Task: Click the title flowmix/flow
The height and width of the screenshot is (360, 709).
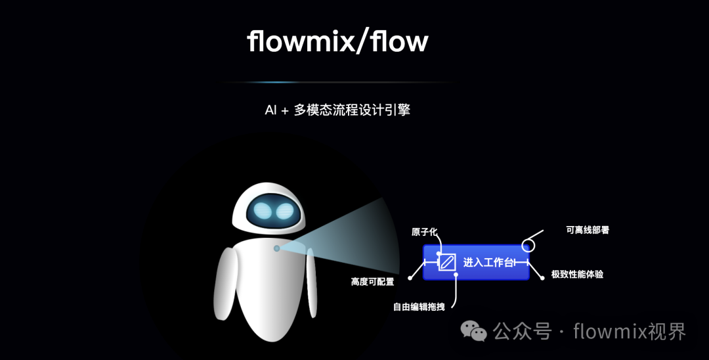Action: coord(337,42)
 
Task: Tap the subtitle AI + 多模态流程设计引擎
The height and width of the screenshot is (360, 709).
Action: coord(337,110)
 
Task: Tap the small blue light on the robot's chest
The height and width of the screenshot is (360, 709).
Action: coord(277,248)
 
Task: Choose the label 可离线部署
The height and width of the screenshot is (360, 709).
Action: coord(588,231)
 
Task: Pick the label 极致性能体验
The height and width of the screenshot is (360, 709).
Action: coord(577,274)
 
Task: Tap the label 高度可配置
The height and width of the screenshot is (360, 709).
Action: coord(373,282)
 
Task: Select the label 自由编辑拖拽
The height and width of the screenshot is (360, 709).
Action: coord(424,307)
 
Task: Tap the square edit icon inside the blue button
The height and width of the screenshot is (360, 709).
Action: coord(448,262)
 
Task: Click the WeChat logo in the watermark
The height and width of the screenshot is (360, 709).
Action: coord(474,331)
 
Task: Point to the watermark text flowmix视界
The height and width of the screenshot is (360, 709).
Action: coord(630,331)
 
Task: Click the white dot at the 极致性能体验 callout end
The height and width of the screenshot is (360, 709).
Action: coord(542,279)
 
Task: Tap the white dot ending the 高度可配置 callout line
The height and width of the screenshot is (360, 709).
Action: coord(410,278)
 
